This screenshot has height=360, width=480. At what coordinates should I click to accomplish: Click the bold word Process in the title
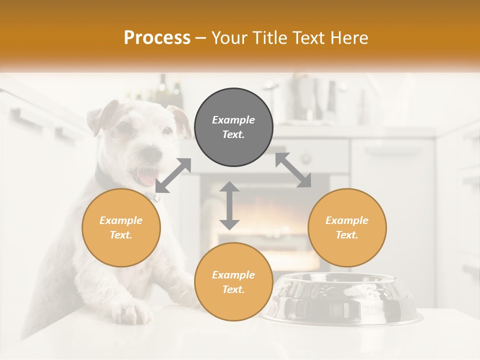point(157,38)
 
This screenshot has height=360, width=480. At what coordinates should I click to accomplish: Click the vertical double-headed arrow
point(229,205)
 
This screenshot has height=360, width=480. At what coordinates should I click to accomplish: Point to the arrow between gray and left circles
point(173,175)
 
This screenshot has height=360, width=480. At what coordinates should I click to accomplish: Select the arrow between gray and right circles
point(293,170)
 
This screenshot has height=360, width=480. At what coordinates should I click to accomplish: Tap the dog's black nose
point(151,151)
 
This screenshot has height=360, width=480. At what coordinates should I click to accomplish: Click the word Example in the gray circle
point(233,120)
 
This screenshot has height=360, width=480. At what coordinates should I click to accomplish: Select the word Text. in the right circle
point(347,235)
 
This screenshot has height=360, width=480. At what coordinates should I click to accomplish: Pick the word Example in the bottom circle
point(233,275)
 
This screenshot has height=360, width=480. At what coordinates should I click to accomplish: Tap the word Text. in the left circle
point(121,235)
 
